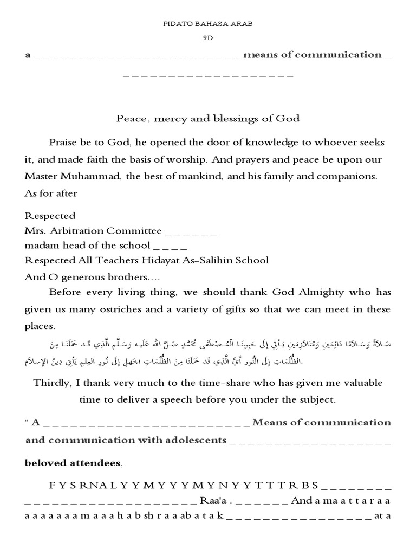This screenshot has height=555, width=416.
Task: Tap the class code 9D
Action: click(x=208, y=39)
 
